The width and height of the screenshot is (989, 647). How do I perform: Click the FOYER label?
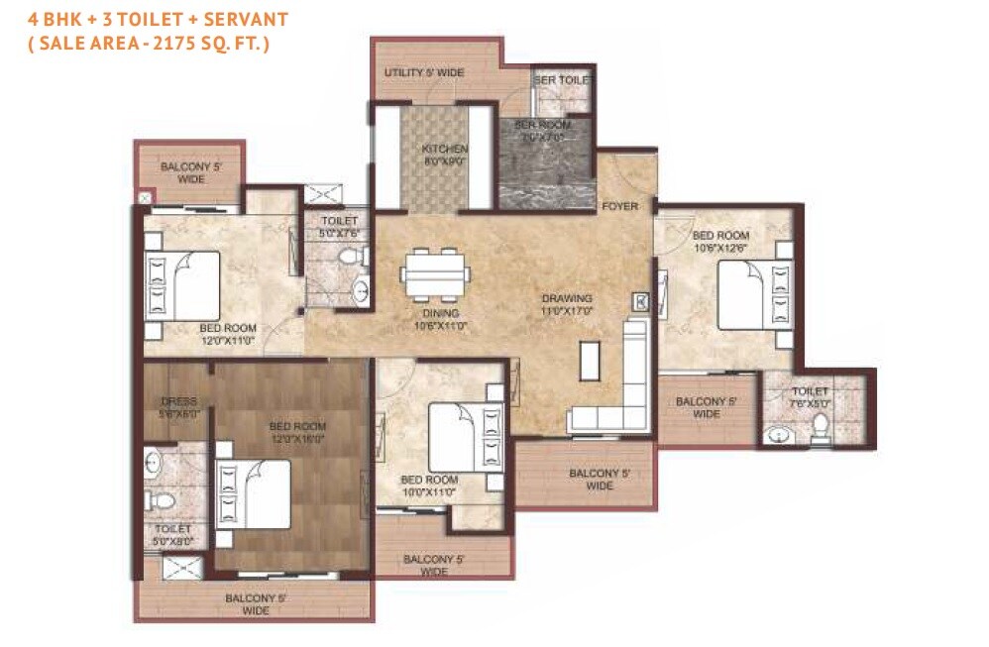pos(619,206)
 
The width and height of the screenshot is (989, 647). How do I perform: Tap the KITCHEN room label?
pos(445,155)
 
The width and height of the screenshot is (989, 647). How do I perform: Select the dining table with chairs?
pos(434,273)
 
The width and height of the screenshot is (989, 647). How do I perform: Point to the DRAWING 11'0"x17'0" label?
pos(566,304)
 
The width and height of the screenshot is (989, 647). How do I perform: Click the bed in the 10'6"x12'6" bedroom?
pos(753,294)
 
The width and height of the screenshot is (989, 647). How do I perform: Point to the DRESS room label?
pos(179,408)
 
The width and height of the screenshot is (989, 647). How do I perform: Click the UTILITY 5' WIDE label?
pos(424,73)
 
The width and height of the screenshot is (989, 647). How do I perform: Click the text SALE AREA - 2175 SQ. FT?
pos(150,44)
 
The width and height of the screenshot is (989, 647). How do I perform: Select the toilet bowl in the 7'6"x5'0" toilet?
pos(819,427)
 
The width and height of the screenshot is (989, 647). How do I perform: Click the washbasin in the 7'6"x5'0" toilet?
pos(778,433)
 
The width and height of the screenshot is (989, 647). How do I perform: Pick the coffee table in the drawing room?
pos(591,357)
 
